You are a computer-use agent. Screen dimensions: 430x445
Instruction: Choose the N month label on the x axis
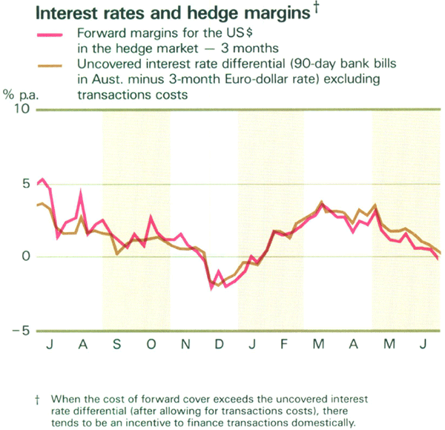(x=187, y=346)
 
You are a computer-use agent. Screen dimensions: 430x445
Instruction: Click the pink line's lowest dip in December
(x=211, y=288)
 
